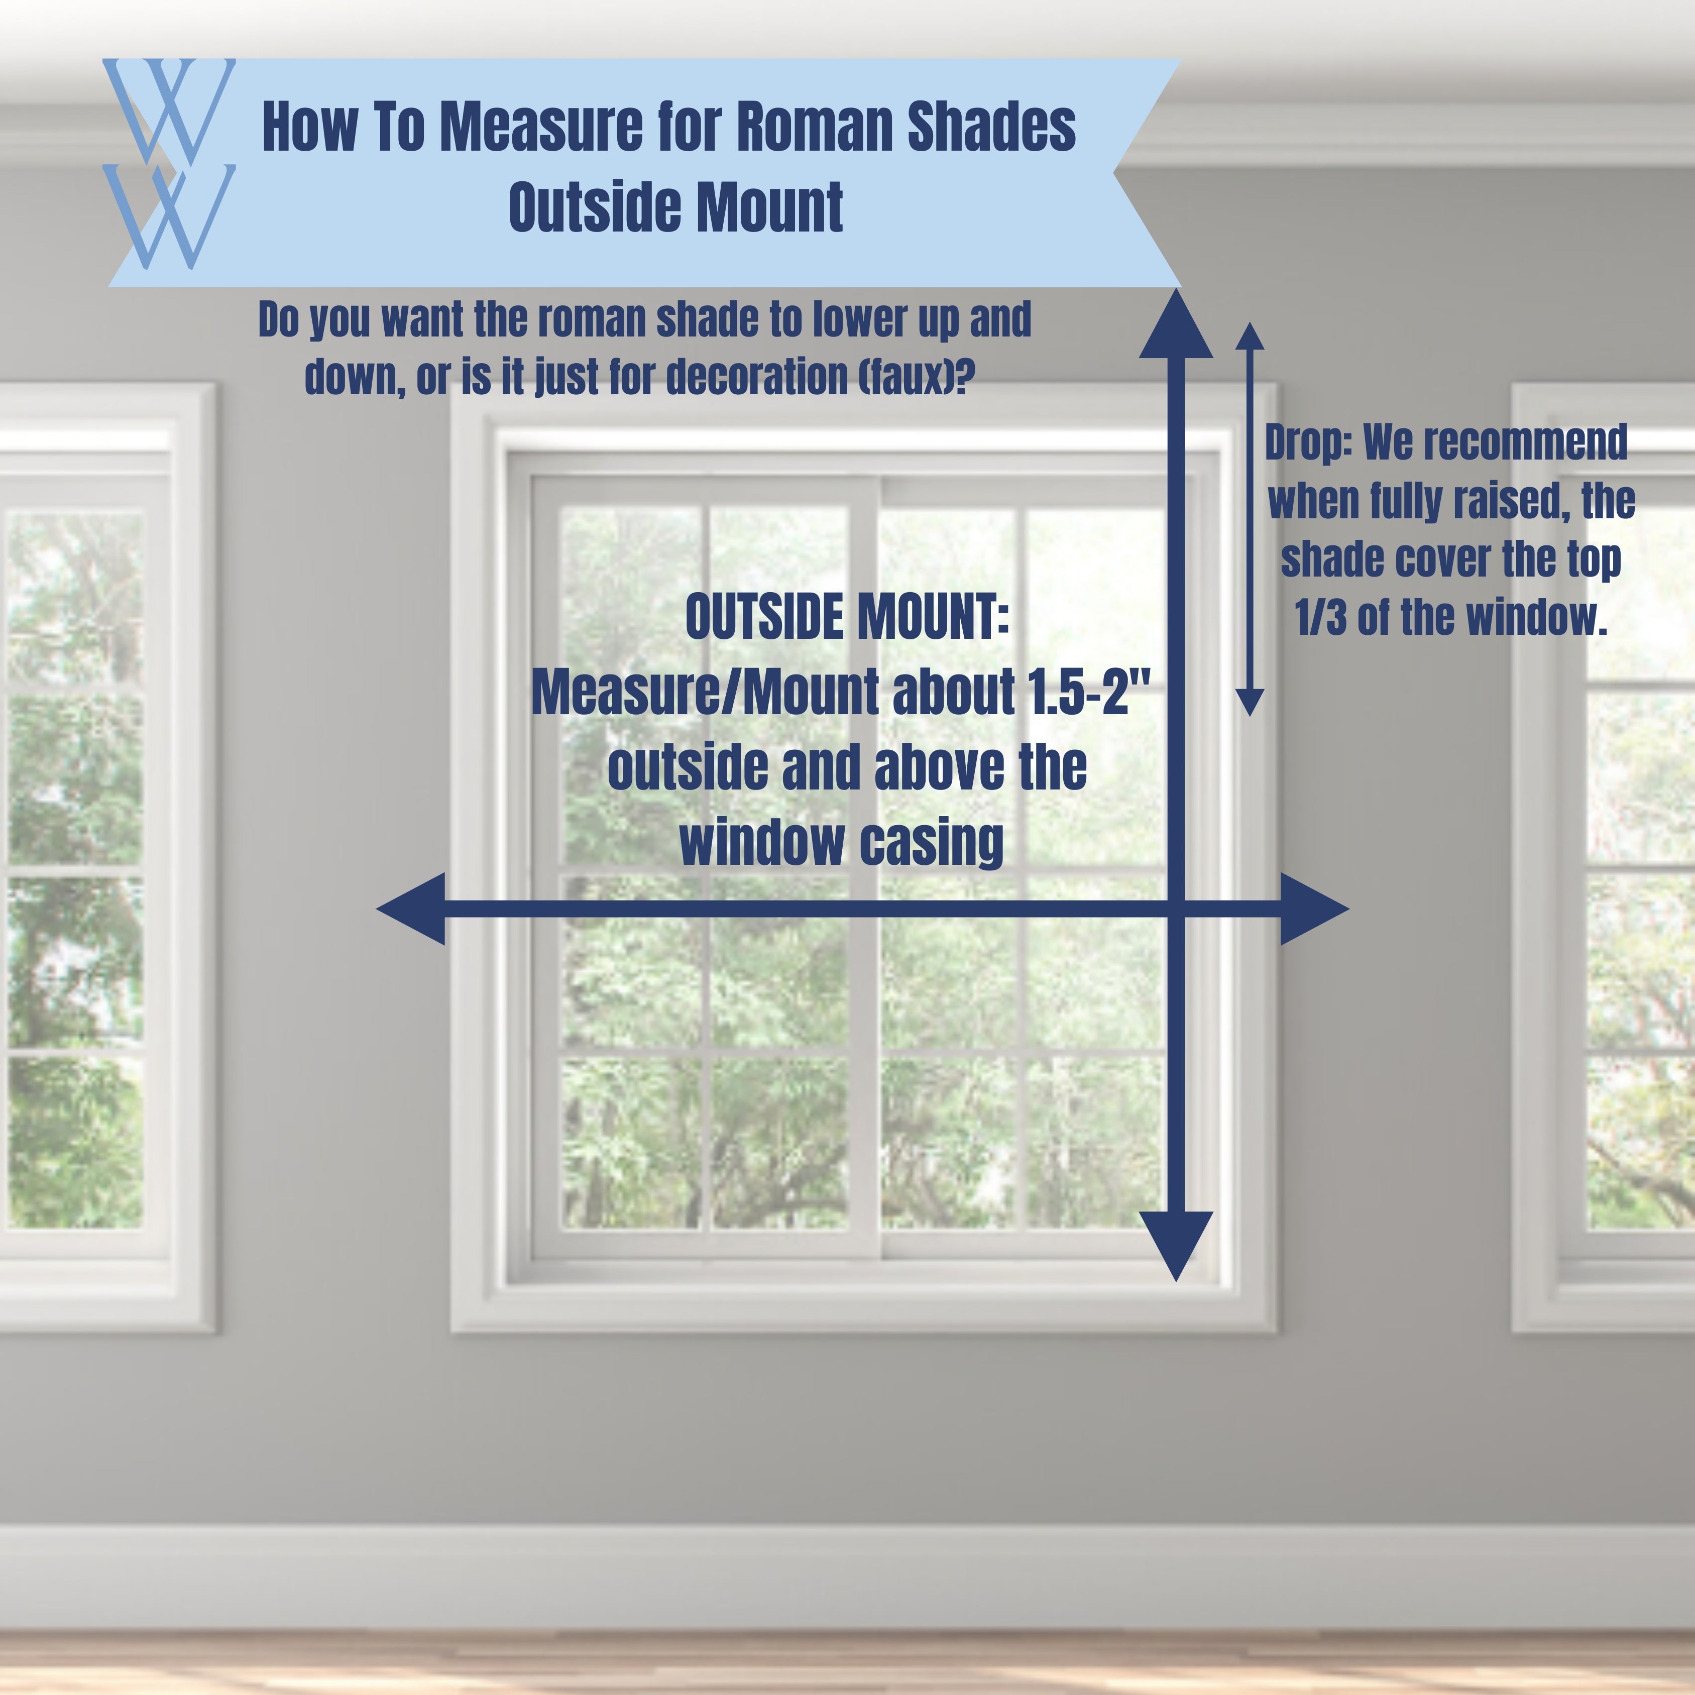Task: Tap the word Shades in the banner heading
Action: (x=991, y=127)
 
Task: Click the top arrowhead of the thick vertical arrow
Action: (x=1176, y=324)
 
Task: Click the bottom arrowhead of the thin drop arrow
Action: (x=1250, y=702)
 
